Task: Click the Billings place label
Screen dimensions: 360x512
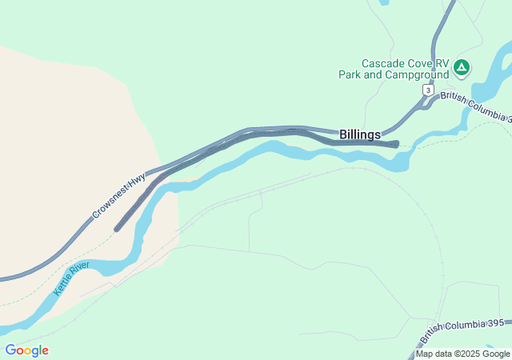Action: coord(360,135)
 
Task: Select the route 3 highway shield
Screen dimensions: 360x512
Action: coord(429,90)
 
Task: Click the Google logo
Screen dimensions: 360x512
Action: coord(26,350)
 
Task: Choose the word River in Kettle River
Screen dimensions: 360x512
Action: coord(78,270)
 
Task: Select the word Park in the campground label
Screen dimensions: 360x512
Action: coord(351,74)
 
